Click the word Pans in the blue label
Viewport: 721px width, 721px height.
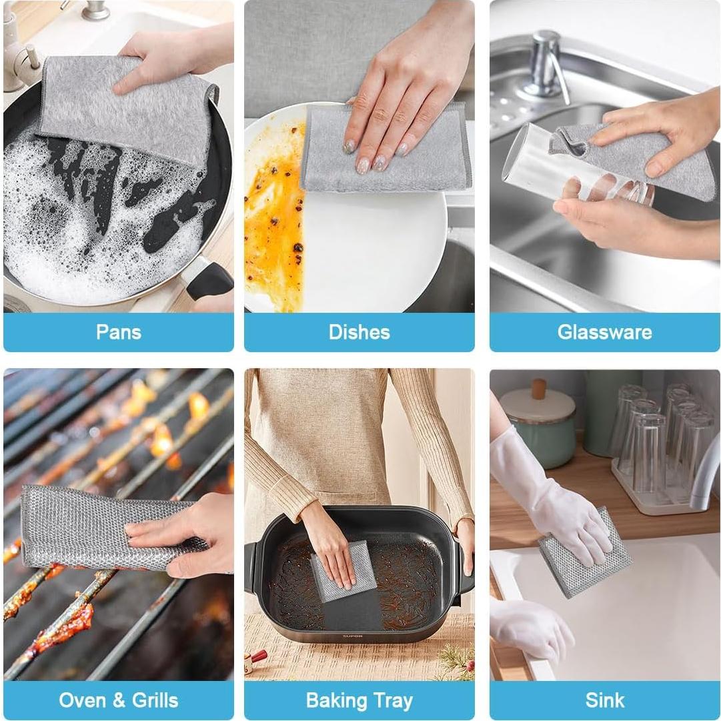pyautogui.click(x=118, y=332)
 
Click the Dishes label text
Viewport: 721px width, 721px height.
pyautogui.click(x=359, y=332)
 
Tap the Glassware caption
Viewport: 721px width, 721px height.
pyautogui.click(x=604, y=332)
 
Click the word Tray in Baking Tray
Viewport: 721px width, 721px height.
pyautogui.click(x=394, y=701)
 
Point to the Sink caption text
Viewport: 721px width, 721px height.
pyautogui.click(x=604, y=700)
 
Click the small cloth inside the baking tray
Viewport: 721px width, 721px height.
pyautogui.click(x=343, y=570)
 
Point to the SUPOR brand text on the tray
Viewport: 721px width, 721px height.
pyautogui.click(x=353, y=636)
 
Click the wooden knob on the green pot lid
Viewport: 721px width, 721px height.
pyautogui.click(x=538, y=388)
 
